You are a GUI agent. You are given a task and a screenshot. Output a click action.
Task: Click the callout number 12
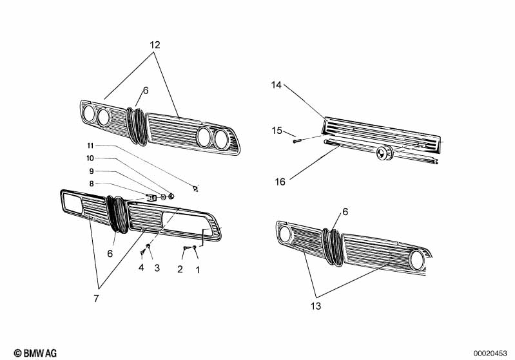tap(155, 45)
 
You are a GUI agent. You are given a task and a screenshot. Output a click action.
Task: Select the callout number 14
tap(277, 85)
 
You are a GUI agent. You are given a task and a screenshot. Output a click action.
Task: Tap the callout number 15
tap(277, 131)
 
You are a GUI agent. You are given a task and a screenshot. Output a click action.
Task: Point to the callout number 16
tap(280, 182)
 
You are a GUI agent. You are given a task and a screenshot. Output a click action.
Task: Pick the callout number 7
tap(97, 298)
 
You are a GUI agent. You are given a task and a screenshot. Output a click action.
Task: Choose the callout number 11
tap(91, 146)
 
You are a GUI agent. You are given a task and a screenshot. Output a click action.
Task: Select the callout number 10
tap(91, 158)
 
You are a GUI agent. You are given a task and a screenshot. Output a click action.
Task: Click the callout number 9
tap(91, 171)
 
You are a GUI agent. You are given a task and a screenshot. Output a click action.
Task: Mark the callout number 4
tap(141, 268)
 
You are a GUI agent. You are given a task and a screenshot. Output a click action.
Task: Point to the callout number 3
tap(156, 268)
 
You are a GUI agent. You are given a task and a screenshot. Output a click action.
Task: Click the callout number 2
tap(180, 269)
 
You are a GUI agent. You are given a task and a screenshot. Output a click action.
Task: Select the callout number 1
tap(198, 269)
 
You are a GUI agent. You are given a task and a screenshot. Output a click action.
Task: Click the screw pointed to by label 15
tap(297, 140)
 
